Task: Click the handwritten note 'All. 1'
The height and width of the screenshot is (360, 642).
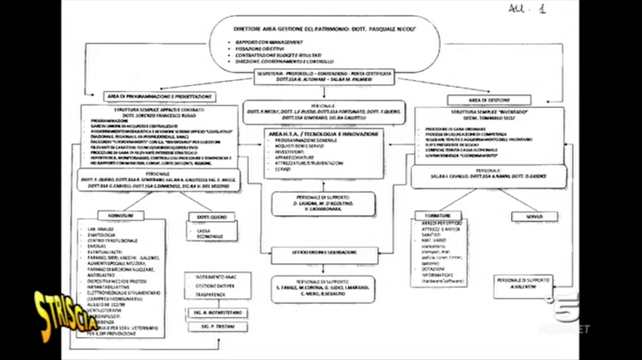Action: coord(527,9)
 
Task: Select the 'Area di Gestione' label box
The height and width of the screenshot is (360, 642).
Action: coord(489,100)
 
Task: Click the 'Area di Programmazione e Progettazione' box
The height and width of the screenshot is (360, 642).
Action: coord(160,97)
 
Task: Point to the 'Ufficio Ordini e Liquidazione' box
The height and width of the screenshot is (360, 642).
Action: coord(324,253)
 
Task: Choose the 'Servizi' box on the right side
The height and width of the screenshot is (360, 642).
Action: coord(534,217)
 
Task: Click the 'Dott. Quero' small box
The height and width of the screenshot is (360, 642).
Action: coord(212,217)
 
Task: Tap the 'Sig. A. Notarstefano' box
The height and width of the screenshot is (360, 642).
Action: coord(218,312)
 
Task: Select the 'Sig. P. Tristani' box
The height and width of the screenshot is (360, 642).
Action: coord(218,327)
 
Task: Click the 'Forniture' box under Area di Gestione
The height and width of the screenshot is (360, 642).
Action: coord(438,215)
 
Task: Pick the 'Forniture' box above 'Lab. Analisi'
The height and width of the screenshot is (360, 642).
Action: coord(121,216)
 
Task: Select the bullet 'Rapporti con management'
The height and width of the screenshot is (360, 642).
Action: coord(269,42)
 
